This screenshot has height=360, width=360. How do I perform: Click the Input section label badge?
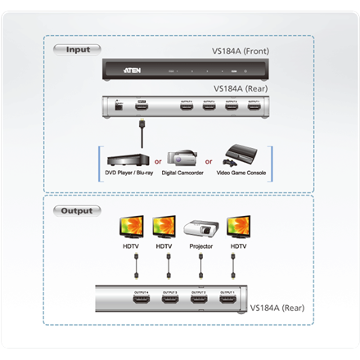[77, 49]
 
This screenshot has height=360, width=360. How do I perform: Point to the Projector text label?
[200, 246]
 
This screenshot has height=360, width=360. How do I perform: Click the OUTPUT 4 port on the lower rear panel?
[124, 299]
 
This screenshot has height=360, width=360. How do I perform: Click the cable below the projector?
[200, 266]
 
